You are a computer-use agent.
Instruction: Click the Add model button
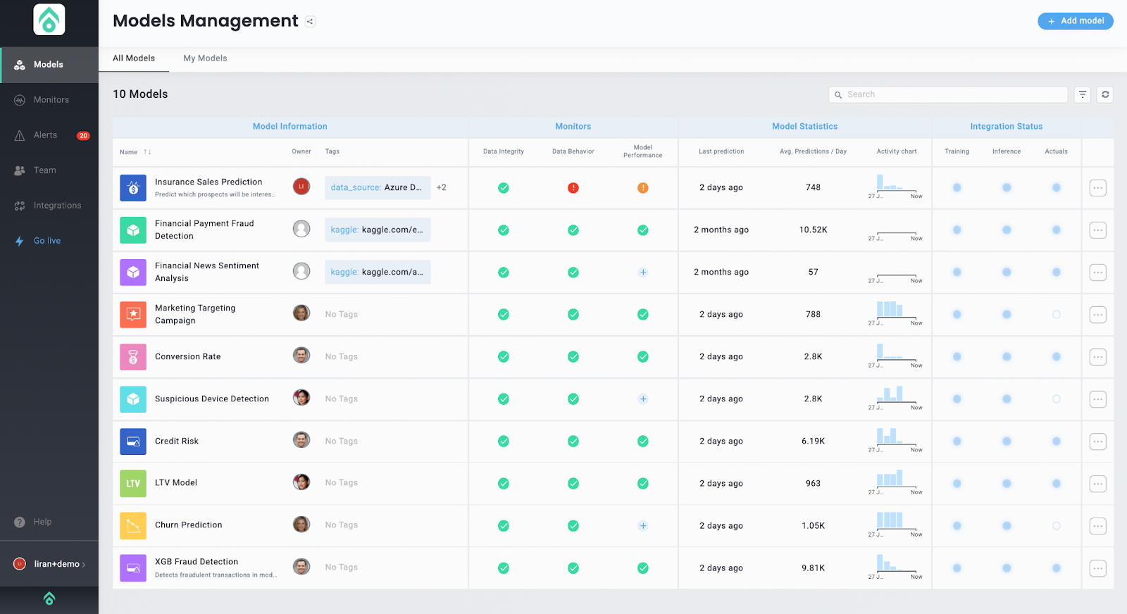point(1075,21)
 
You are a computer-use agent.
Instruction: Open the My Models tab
point(205,58)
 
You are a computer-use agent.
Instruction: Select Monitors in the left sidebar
point(51,100)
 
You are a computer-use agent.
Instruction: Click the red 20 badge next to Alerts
point(83,136)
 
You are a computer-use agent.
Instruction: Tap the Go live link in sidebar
point(47,241)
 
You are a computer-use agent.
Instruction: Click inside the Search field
point(951,94)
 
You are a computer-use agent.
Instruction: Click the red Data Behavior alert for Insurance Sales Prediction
point(573,188)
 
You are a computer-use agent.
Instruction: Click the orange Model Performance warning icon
point(643,188)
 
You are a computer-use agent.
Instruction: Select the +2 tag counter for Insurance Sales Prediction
point(442,188)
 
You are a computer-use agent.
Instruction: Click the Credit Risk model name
point(177,441)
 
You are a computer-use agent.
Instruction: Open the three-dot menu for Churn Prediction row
point(1097,526)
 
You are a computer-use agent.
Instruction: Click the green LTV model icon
point(133,484)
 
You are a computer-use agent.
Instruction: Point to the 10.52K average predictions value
point(813,230)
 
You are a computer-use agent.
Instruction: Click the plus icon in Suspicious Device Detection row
point(643,399)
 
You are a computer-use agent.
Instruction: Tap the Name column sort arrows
point(147,152)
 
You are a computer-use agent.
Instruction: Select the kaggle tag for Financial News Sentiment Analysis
point(377,272)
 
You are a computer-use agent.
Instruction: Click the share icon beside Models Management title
point(310,22)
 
